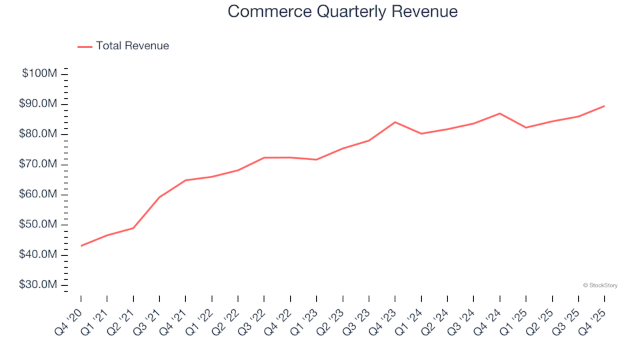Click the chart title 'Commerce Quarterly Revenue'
click(x=342, y=11)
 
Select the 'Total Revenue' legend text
click(x=132, y=46)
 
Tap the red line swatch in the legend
click(x=85, y=47)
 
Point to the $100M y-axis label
click(x=39, y=73)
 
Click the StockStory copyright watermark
click(x=600, y=285)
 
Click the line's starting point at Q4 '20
click(x=81, y=246)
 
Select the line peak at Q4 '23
click(x=395, y=122)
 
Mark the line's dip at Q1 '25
click(x=526, y=127)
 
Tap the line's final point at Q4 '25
click(x=604, y=106)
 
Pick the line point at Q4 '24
click(x=500, y=113)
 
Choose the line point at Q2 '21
click(x=133, y=228)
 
